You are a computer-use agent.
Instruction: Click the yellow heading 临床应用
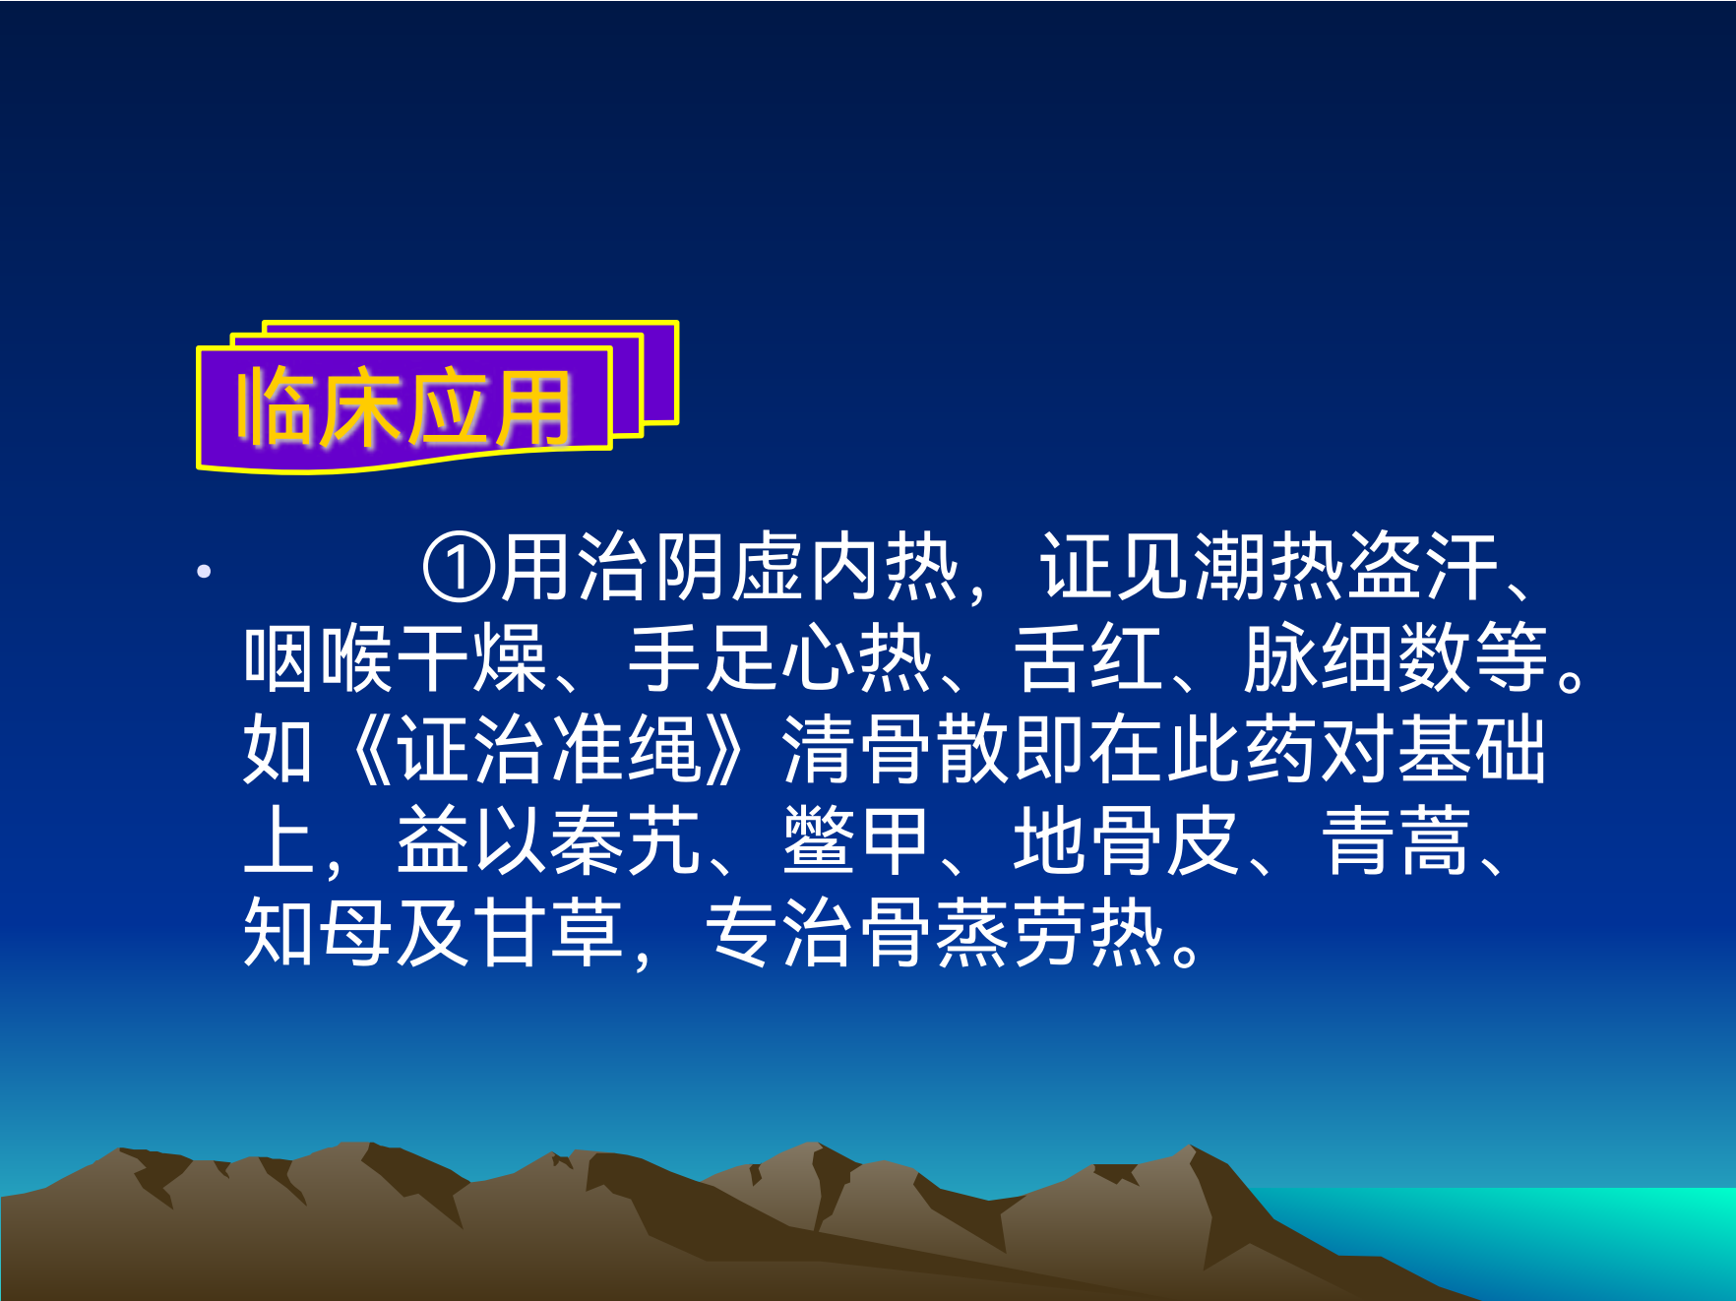coord(403,407)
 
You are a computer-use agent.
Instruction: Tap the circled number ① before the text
coord(459,568)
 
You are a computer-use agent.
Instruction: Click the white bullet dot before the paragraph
coord(204,571)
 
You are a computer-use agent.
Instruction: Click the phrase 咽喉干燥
coord(396,658)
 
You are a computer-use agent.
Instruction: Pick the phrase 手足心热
coord(780,658)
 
